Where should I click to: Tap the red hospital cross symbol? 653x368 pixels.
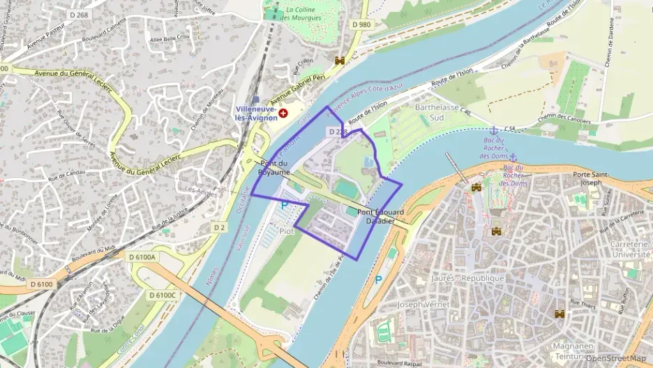283,112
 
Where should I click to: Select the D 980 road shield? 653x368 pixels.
361,24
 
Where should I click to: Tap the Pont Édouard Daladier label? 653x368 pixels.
375,216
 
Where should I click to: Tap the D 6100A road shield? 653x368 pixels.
143,257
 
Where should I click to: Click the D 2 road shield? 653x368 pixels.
220,228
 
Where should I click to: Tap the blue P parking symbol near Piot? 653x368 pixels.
283,205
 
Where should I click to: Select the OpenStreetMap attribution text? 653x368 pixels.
615,358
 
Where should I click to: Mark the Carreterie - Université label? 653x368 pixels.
629,249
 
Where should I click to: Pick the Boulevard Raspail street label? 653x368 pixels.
400,362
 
